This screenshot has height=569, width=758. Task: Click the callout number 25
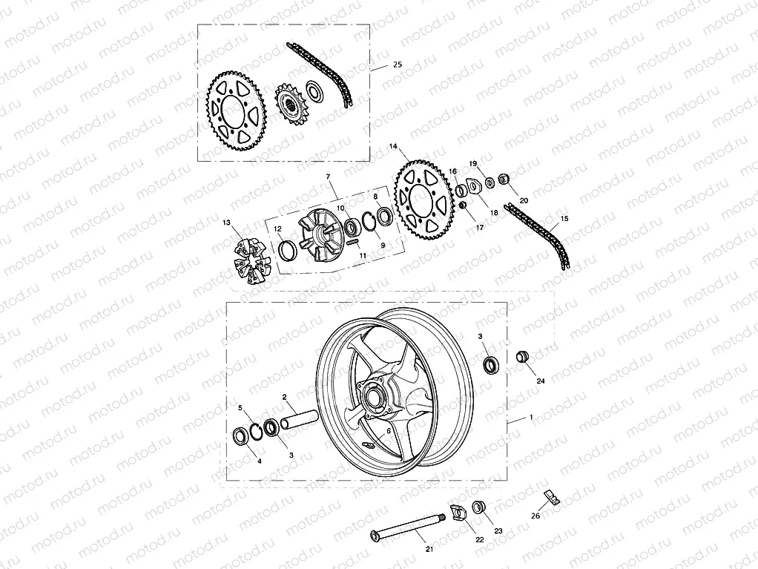click(397, 66)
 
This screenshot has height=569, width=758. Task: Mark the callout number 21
click(429, 548)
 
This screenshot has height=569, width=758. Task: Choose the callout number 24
click(540, 381)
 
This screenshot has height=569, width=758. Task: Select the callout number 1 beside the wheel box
click(531, 418)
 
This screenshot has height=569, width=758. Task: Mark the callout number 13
click(226, 223)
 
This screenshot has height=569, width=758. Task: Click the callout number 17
click(479, 228)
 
